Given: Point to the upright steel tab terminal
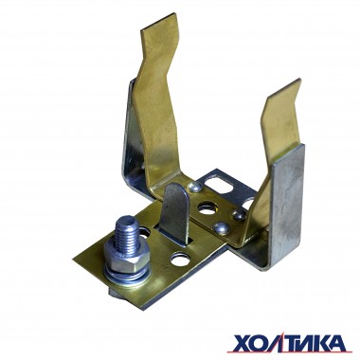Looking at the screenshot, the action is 176,214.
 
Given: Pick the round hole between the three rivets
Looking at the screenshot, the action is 207,208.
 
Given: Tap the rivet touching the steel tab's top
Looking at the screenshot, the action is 193,188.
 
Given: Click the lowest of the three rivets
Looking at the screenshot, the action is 221,227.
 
